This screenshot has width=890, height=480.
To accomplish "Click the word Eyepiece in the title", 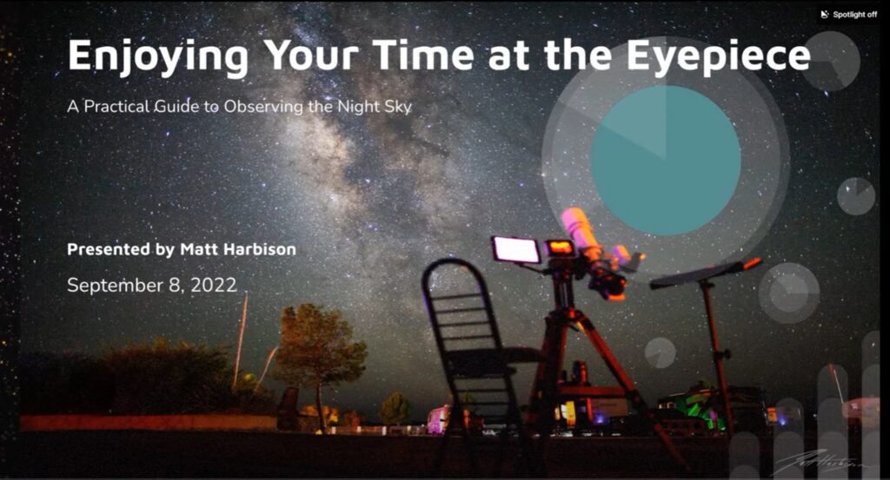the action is click(x=719, y=56).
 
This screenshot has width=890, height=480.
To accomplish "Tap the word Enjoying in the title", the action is click(x=158, y=56).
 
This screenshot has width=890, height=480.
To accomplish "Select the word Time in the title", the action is click(x=425, y=55).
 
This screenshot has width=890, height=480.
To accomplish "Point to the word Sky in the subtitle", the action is click(x=398, y=107).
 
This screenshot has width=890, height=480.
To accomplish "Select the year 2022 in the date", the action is click(x=214, y=285).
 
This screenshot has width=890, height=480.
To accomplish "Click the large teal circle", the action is click(x=666, y=160).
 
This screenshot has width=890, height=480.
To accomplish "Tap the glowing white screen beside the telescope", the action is click(x=516, y=249).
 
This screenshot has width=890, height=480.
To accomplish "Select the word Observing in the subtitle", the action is click(x=264, y=107).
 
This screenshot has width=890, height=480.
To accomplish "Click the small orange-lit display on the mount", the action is click(x=560, y=247).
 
